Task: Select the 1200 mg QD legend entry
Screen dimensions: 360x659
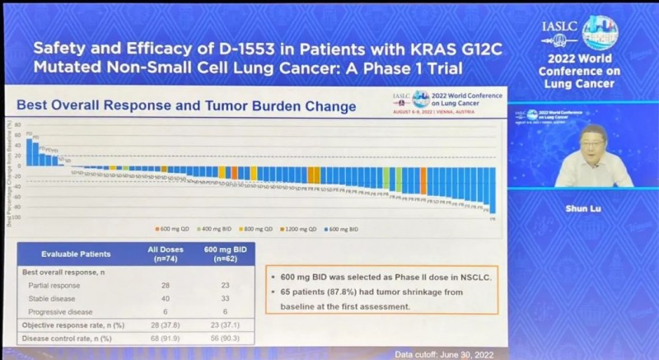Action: [x=301, y=228]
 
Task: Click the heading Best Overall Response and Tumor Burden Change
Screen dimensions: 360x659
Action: [x=187, y=106]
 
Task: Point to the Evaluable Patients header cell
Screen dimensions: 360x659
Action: [x=76, y=254]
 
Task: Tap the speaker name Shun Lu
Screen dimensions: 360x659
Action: [x=585, y=209]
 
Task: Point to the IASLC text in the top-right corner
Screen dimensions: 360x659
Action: [x=559, y=25]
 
